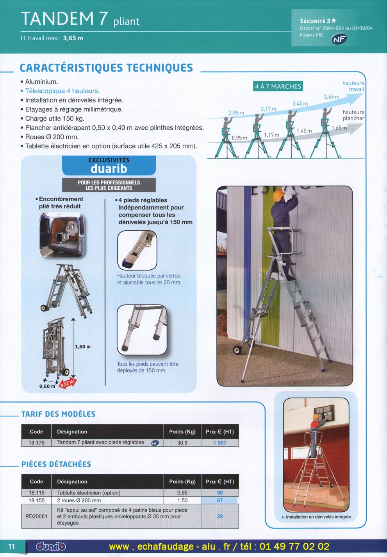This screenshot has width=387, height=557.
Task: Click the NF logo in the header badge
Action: tap(339, 39)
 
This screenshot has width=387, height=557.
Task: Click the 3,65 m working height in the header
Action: tap(73, 38)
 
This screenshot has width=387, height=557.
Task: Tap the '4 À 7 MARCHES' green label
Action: tap(278, 86)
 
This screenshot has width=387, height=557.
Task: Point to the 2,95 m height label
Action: tap(236, 113)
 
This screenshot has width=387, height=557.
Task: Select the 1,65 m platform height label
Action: tap(339, 128)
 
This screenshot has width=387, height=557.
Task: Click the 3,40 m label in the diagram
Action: tap(300, 104)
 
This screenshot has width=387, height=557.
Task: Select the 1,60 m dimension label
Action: tap(82, 347)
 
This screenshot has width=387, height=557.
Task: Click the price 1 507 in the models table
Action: tap(219, 443)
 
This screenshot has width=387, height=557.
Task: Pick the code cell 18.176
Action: tap(36, 443)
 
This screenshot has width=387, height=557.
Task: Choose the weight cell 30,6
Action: tap(182, 443)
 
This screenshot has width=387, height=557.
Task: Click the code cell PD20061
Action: tap(36, 516)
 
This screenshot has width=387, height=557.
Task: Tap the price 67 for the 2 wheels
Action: tap(219, 500)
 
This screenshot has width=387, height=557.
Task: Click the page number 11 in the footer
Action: tap(12, 546)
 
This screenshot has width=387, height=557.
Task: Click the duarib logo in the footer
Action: tap(51, 546)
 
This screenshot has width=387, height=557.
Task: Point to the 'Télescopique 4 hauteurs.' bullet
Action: tap(62, 91)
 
